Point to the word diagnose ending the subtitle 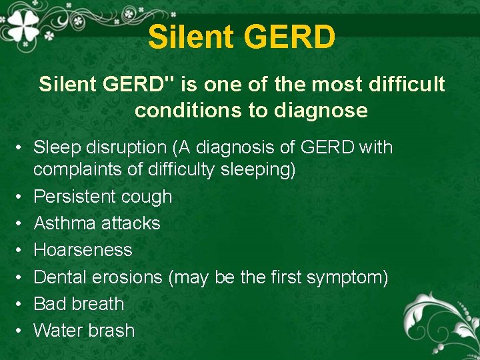coord(321,111)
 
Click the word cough coord(150,197)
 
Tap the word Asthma coord(63,223)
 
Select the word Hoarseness coord(83,250)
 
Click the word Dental coord(60,277)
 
